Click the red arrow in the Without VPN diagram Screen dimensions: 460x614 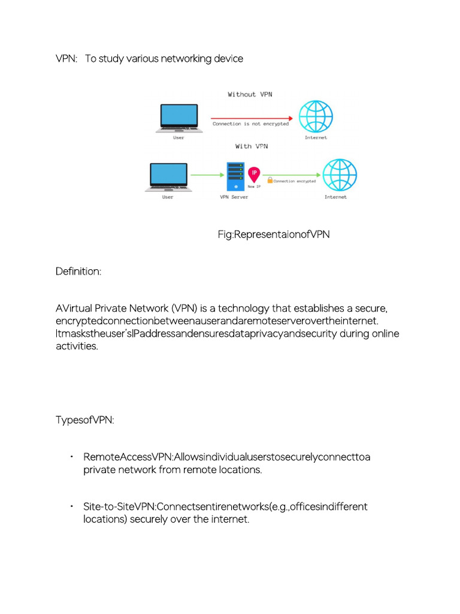tap(251, 118)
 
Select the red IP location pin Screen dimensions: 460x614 tap(254, 174)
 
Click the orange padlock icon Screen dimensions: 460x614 tap(270, 180)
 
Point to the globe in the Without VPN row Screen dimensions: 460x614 tap(316, 116)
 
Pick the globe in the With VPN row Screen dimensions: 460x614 tap(340, 174)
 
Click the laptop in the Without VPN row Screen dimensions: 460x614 tap(178, 118)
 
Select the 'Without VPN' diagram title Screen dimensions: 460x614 tap(250, 94)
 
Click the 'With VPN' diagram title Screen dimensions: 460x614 tap(252, 146)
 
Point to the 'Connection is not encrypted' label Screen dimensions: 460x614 tap(250, 124)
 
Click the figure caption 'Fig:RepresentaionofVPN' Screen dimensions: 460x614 tap(274, 234)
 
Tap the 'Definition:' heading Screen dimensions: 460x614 tap(78, 272)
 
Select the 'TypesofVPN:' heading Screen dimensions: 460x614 tap(84, 420)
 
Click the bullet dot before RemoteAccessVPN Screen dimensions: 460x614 tap(71, 457)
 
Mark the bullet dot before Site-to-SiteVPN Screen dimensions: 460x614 tap(71, 506)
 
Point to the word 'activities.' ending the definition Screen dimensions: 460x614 tap(77, 346)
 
